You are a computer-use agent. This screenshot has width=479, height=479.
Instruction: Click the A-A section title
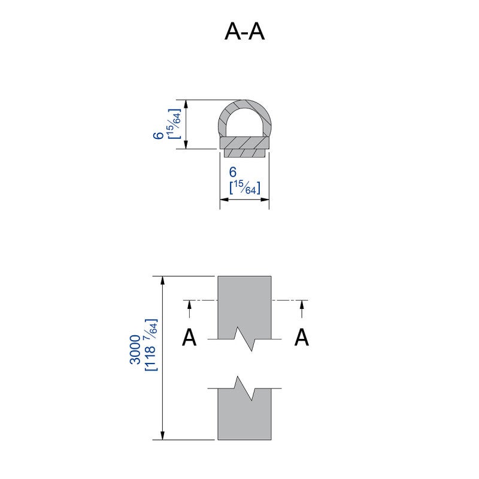coord(244,32)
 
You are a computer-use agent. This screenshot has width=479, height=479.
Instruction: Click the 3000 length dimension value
coord(135,350)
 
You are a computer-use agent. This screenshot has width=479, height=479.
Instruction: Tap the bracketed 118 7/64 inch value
coord(151,345)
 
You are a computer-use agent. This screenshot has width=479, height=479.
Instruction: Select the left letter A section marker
coord(189,337)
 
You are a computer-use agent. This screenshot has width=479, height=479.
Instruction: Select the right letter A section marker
coord(302,337)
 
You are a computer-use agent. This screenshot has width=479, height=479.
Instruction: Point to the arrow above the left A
coord(189,309)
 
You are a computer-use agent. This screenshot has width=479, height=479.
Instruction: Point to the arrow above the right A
coord(302,309)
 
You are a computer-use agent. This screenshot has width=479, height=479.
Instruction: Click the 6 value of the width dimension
coord(233,172)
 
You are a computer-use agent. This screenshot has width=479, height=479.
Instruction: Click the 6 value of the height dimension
coord(159,136)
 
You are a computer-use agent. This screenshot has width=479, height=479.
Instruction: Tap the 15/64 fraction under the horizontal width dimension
coord(245,187)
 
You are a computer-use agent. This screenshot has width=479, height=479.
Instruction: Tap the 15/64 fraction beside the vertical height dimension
coord(174,124)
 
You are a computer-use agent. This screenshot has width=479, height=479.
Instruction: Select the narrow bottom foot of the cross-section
coord(244,153)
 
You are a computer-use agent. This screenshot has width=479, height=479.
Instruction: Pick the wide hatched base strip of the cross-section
coord(244,143)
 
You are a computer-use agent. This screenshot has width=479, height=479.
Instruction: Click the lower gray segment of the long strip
coord(244,416)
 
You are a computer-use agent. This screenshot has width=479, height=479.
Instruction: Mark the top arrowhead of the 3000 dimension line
coord(163,281)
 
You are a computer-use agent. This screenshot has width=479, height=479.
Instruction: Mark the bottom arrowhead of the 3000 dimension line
coord(163,435)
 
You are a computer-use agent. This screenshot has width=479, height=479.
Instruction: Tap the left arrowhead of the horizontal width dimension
coord(225,199)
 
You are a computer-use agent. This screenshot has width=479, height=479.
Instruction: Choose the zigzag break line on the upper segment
coord(244,339)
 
